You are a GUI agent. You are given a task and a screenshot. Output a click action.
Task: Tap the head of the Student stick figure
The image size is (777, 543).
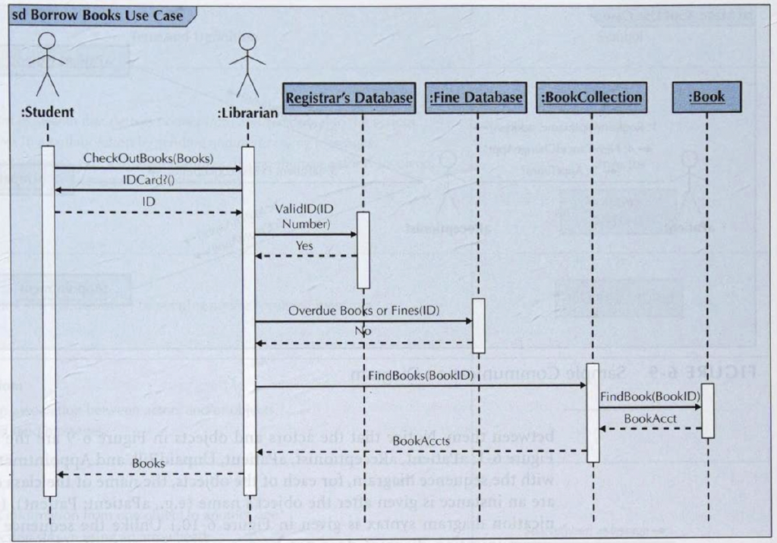click(x=49, y=41)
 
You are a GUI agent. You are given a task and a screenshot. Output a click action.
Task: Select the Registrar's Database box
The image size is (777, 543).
click(x=349, y=98)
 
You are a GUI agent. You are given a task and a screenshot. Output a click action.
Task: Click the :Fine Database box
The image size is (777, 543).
click(x=476, y=98)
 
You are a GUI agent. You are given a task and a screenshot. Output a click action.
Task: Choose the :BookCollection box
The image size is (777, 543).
click(x=591, y=98)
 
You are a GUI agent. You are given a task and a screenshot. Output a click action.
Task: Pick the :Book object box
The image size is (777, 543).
click(x=706, y=97)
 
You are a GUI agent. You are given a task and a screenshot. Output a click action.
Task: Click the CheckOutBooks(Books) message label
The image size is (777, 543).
click(x=148, y=159)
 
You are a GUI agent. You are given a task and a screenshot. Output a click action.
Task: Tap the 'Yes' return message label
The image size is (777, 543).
click(x=304, y=245)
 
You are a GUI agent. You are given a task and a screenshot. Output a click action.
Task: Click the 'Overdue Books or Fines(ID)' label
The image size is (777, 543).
click(x=363, y=311)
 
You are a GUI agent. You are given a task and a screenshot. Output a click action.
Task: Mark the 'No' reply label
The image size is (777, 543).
click(x=363, y=332)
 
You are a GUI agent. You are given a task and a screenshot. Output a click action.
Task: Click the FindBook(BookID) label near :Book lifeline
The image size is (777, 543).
click(x=650, y=396)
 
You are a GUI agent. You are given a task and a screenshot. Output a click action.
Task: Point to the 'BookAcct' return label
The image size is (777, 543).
click(x=650, y=419)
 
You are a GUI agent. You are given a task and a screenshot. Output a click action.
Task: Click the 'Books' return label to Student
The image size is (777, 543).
click(x=147, y=462)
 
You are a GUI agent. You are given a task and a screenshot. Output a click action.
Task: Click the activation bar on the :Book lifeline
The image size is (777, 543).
click(x=707, y=411)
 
